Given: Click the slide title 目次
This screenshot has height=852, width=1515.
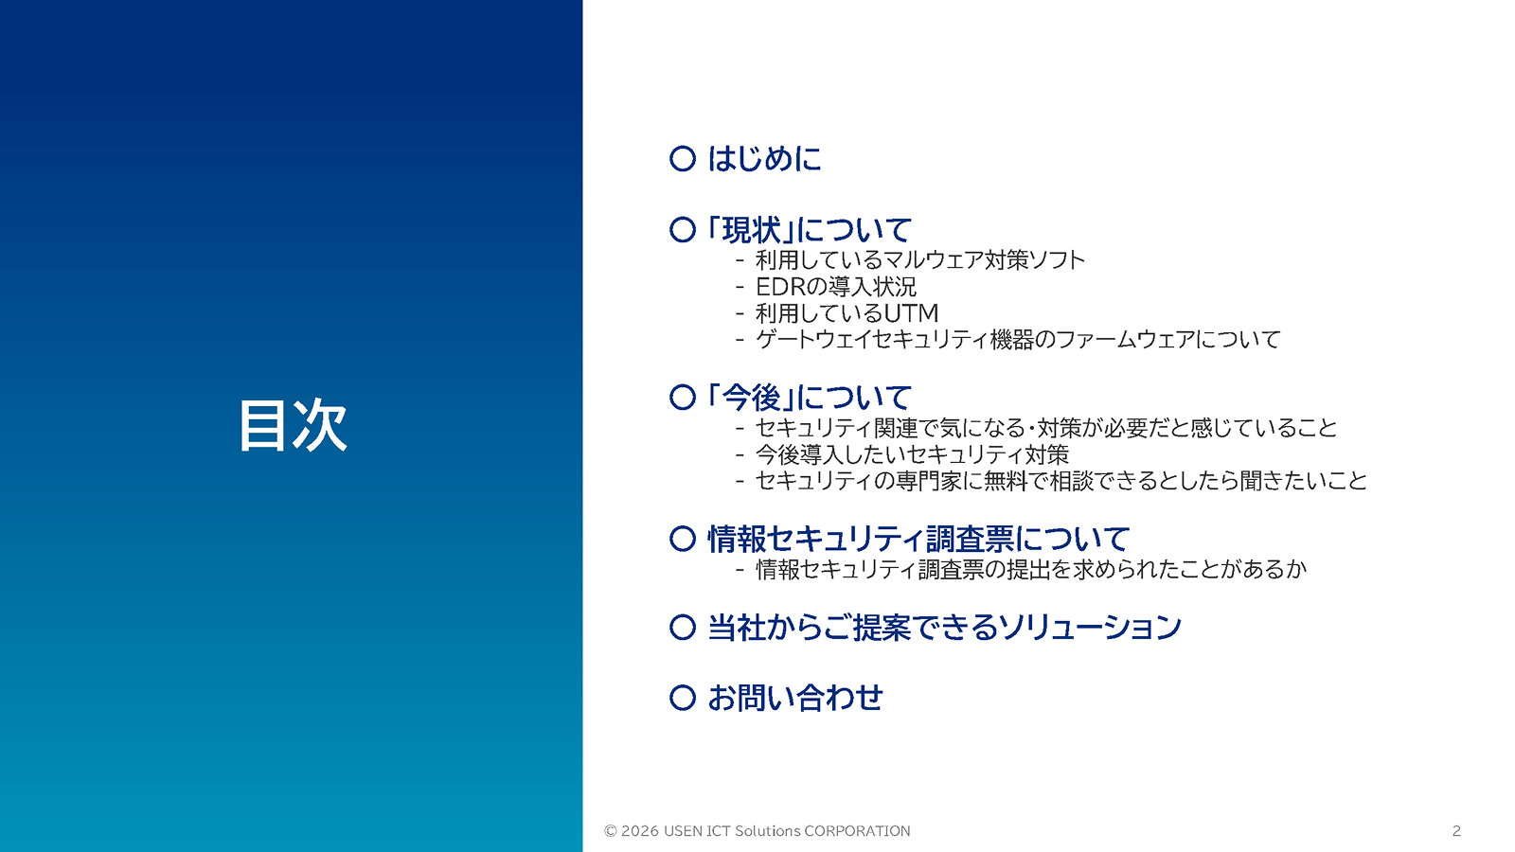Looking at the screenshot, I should point(293,425).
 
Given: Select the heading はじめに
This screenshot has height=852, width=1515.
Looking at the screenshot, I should point(764,158).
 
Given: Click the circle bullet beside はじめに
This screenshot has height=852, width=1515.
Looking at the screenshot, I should point(683,158).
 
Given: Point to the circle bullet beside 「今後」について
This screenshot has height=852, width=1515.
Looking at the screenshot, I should point(683,397).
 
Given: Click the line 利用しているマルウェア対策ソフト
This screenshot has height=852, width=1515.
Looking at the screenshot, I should point(919,259).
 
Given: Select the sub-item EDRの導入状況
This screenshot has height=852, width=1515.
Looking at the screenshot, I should point(835,286).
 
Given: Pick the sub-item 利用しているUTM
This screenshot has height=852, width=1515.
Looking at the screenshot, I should point(847,312).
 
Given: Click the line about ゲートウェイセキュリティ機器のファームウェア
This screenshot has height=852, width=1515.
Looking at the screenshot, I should point(1018,339).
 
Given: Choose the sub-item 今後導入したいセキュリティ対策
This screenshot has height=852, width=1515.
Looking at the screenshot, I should point(912,454).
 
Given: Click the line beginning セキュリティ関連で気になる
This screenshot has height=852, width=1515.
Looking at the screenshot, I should point(1046,428).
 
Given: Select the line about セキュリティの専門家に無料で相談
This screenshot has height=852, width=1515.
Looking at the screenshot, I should point(1061,481).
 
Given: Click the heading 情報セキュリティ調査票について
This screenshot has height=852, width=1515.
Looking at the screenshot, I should point(918,539).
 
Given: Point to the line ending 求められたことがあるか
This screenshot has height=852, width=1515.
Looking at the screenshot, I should point(1030,569).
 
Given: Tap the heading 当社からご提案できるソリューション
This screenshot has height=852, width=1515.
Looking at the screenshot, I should point(944,627).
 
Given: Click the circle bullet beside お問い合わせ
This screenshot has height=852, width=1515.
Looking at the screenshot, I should point(683,698).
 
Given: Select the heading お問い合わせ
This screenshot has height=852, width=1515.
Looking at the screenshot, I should point(795,698).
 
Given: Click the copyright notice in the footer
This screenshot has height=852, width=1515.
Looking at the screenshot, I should point(757,831).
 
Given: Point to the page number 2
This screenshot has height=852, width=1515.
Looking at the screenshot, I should point(1456,831).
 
